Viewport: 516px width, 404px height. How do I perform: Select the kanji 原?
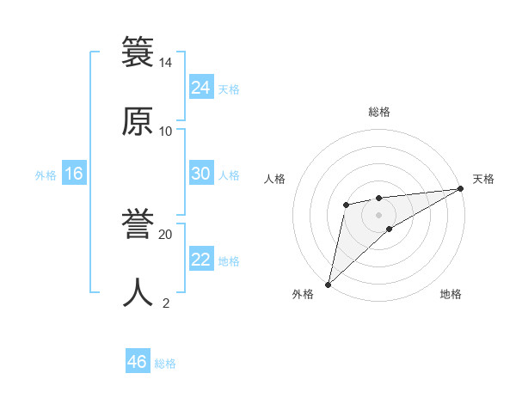click(138, 120)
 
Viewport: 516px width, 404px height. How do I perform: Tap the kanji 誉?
click(138, 224)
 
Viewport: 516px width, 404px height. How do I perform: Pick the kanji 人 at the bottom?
click(138, 293)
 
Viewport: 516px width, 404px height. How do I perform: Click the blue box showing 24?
click(200, 87)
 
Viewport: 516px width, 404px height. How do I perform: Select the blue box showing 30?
click(200, 174)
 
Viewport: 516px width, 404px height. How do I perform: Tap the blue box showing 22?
click(200, 260)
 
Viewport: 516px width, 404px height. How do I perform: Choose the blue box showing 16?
click(73, 174)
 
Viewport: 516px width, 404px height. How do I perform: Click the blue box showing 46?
click(137, 362)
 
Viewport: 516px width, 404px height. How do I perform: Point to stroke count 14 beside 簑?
click(165, 64)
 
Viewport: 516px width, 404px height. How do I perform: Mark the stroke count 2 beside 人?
click(165, 303)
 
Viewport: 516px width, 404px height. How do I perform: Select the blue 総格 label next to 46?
click(165, 364)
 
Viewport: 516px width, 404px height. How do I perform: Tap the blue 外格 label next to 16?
click(46, 175)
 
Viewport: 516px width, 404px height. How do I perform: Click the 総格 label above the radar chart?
click(379, 112)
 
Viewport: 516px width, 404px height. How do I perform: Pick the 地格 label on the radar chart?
click(451, 294)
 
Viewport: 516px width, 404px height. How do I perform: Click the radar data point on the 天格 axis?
click(461, 189)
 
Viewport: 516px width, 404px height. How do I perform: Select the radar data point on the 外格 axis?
click(328, 284)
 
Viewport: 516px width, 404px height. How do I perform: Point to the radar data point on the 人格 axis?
click(346, 205)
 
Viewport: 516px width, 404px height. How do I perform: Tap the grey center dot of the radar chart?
click(379, 213)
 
